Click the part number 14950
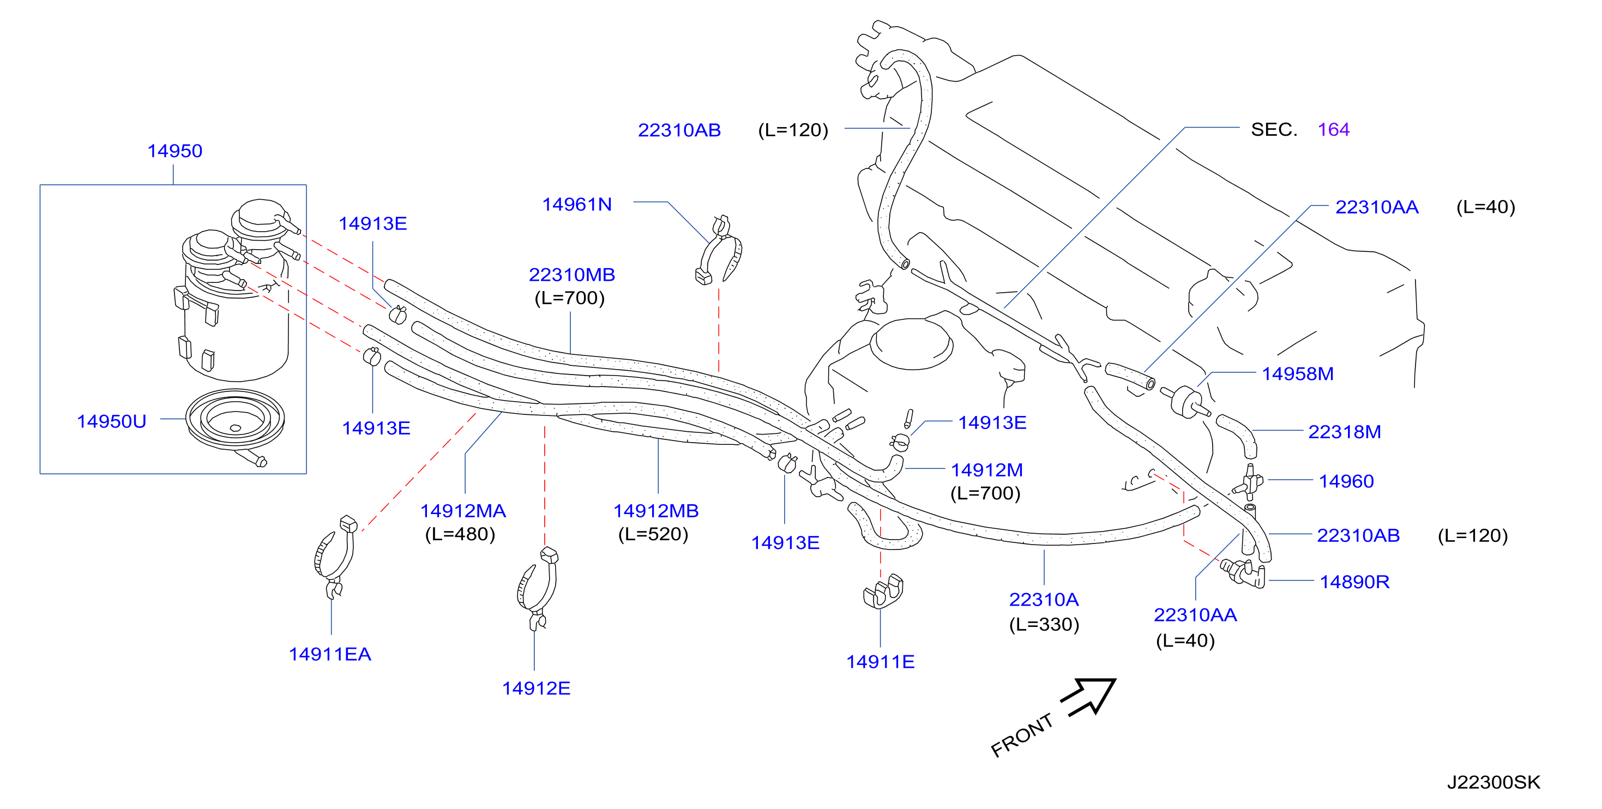click(174, 151)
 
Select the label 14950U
click(111, 421)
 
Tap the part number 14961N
click(577, 204)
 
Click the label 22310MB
click(571, 275)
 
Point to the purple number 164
click(1333, 130)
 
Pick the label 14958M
click(1298, 374)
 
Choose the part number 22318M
click(1345, 432)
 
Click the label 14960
click(1346, 481)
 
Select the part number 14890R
click(1354, 582)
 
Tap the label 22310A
click(1044, 600)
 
